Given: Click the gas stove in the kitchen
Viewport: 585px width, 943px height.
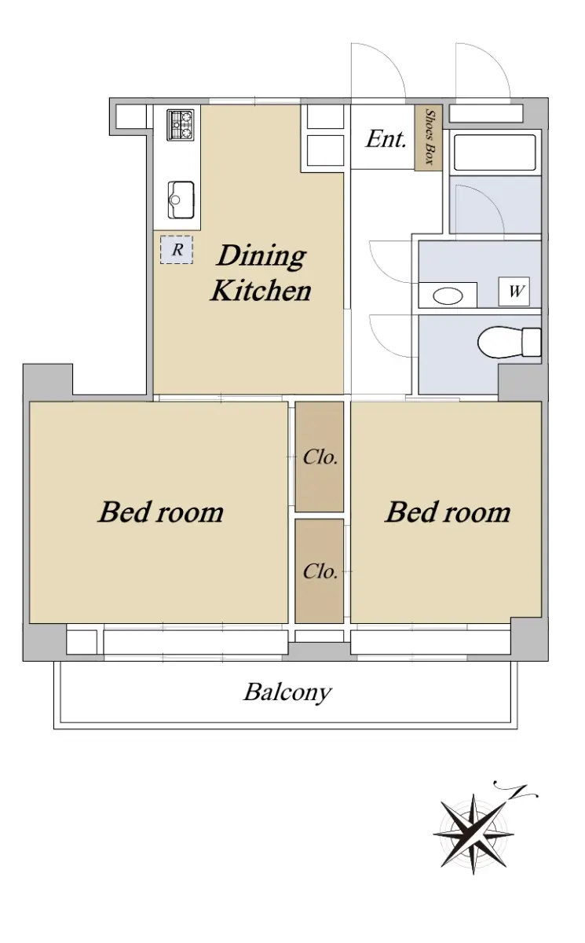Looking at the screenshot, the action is click(181, 125).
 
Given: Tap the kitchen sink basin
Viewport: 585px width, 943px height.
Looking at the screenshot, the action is click(181, 200).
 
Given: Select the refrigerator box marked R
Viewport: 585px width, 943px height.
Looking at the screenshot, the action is click(177, 250).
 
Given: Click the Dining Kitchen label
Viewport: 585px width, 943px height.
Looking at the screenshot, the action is click(261, 273).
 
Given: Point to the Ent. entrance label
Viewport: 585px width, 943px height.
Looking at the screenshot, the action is click(386, 138).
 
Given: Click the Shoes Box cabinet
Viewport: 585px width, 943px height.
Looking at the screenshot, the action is click(429, 138).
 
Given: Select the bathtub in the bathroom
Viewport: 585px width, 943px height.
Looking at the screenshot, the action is click(495, 152).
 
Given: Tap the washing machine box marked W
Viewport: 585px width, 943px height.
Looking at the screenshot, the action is click(514, 292).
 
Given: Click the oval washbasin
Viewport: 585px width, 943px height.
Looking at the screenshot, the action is click(448, 295).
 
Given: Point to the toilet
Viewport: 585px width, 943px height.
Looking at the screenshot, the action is click(509, 343).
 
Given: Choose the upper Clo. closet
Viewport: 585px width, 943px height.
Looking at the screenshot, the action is click(320, 457).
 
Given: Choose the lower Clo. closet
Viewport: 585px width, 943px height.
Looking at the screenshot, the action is click(320, 571).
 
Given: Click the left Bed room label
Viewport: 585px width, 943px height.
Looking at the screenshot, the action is click(161, 512).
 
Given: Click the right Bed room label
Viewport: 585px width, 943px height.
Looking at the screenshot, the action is click(448, 512).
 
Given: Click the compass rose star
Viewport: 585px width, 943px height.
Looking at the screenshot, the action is click(473, 834).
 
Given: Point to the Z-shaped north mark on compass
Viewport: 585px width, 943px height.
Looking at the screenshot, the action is click(517, 791).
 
